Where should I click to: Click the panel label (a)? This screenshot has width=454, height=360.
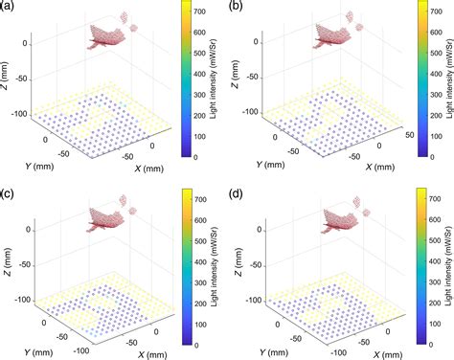[8, 7]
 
